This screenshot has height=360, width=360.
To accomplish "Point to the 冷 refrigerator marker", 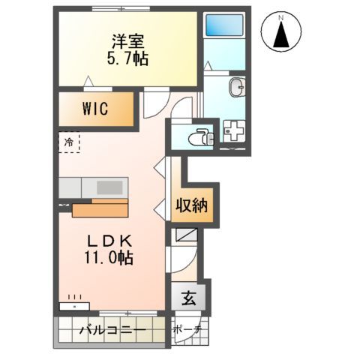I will (x=68, y=140).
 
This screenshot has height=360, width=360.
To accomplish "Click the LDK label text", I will (x=109, y=241).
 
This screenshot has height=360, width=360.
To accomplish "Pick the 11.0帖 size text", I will (x=109, y=258).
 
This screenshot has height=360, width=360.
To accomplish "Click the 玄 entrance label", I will (x=189, y=298).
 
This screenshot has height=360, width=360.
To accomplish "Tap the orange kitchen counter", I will (x=100, y=207).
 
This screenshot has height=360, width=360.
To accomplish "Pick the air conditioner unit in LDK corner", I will (x=74, y=306).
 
